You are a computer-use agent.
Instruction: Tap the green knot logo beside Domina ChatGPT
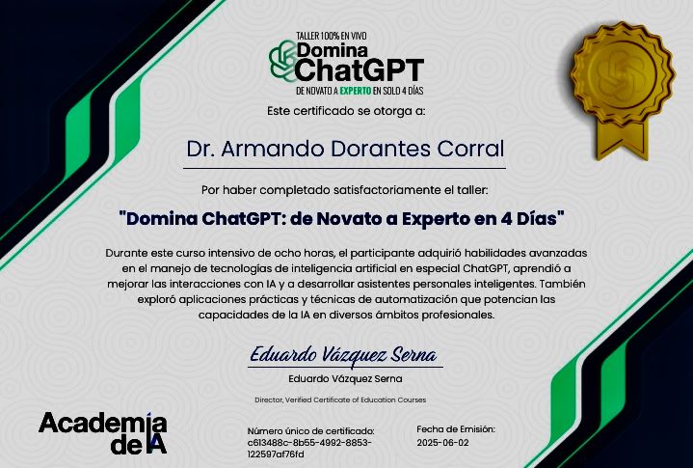282,62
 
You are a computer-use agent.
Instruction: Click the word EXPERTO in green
356,91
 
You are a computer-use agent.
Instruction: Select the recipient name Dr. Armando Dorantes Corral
345,149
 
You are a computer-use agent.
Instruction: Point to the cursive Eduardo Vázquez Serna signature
343,355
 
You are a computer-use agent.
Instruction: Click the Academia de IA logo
103,433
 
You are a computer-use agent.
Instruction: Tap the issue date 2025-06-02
442,443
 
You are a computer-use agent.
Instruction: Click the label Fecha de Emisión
456,429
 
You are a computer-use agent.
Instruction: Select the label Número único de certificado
310,431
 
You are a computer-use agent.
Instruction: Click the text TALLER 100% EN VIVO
331,36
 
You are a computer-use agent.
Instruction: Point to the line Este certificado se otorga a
346,111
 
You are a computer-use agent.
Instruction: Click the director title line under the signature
340,399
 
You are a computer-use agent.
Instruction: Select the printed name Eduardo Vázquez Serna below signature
345,379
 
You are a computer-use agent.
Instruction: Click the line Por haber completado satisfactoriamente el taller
345,190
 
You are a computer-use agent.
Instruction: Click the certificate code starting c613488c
309,449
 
